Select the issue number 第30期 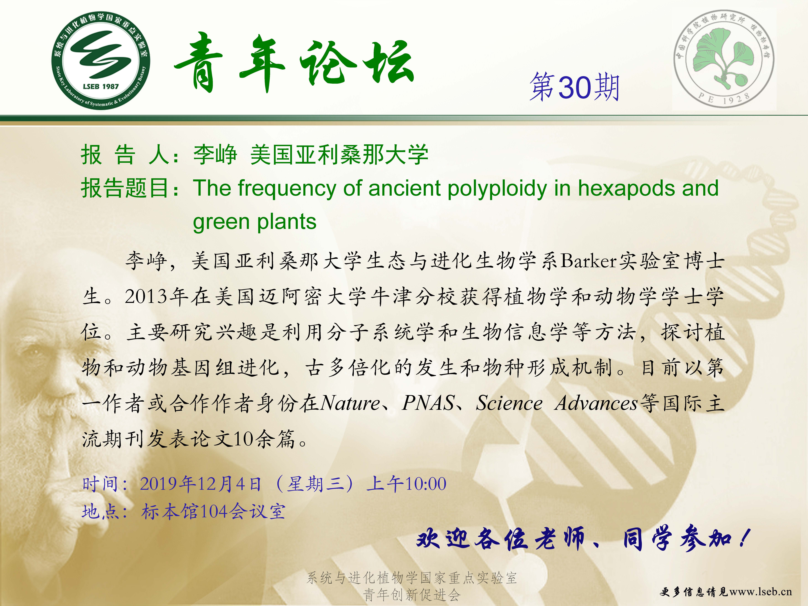[x=575, y=87]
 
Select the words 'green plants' [x=255, y=222]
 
